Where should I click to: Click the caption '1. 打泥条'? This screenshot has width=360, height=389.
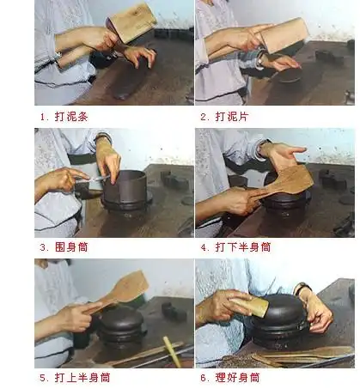[x=64, y=114]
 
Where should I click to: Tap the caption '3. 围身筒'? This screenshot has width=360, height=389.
[x=64, y=246]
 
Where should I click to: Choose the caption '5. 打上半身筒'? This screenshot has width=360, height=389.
[x=75, y=377]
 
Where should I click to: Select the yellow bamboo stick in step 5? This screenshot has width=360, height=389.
[x=172, y=351]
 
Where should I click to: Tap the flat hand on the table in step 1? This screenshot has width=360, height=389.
[x=138, y=55]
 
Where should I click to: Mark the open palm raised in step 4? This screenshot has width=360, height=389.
[x=284, y=155]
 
